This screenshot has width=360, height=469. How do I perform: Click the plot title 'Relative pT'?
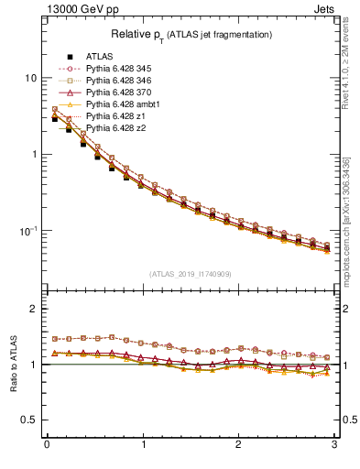point(191,35)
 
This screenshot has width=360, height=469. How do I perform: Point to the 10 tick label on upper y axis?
point(30,79)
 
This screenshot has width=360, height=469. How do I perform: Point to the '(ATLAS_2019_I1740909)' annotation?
point(191,274)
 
